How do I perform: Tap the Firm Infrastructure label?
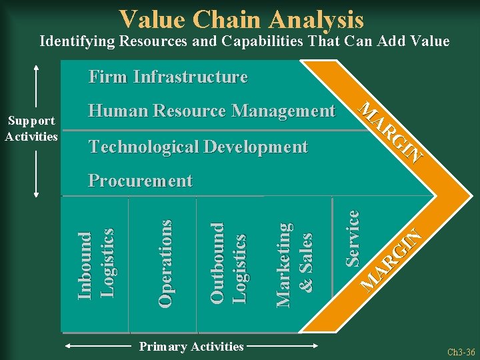(168, 77)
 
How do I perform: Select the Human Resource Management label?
(212, 111)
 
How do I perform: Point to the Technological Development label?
(199, 147)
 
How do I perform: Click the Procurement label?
(141, 181)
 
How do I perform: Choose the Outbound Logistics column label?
(228, 263)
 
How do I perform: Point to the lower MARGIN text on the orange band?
(393, 260)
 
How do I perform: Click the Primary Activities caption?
(191, 346)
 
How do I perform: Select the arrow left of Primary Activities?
(97, 347)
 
